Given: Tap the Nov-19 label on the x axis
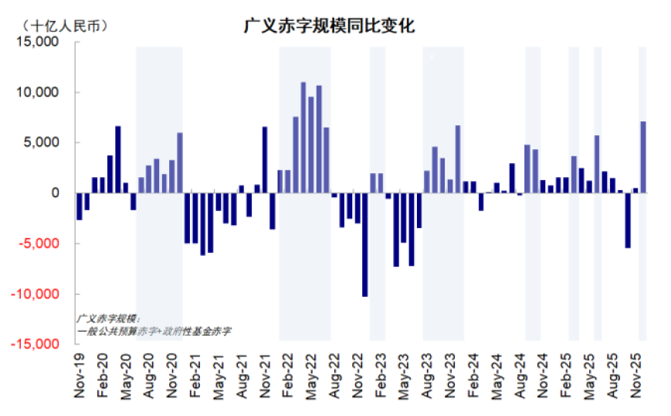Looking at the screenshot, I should (x=80, y=377).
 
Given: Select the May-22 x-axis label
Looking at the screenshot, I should (x=311, y=377).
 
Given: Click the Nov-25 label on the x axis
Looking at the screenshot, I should (x=639, y=377).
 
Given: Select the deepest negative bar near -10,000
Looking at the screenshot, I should (x=364, y=244).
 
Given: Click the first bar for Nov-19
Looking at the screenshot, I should (x=79, y=206).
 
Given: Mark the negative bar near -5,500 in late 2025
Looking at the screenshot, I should (x=628, y=220).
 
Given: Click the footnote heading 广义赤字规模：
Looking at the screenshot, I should (x=107, y=318).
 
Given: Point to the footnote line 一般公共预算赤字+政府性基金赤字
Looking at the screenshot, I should (x=154, y=330).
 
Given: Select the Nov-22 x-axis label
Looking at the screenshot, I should (x=358, y=377).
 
